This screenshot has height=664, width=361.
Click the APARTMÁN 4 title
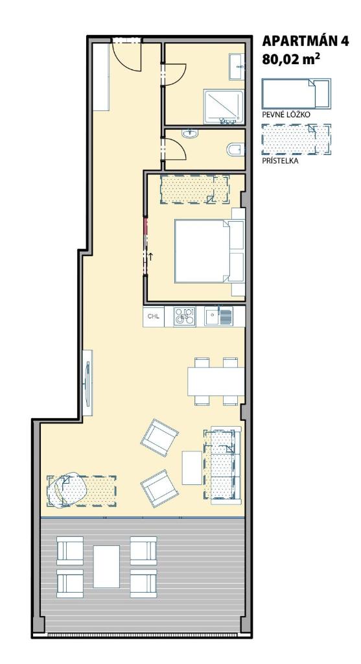[305, 41]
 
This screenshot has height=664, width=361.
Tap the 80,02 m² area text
[291, 58]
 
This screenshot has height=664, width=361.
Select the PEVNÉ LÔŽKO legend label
[286, 115]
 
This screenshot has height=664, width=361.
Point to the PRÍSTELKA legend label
[280, 161]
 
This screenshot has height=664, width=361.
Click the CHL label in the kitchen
[153, 316]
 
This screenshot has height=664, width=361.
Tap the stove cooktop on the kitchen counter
[185, 316]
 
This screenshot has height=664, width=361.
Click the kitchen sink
[218, 316]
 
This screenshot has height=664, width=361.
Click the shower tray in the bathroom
[224, 106]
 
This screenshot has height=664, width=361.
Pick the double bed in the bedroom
[209, 251]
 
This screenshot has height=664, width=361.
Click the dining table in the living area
[216, 381]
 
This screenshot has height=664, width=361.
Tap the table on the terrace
[106, 566]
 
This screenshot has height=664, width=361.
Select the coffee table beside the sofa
[192, 468]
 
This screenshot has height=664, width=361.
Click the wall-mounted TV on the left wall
[87, 383]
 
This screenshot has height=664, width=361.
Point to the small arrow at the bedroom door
[150, 255]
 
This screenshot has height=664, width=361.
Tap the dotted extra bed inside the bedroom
[194, 189]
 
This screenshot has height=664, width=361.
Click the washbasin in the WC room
[190, 134]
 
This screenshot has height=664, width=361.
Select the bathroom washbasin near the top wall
[237, 67]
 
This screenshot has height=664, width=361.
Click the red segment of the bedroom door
[146, 227]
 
